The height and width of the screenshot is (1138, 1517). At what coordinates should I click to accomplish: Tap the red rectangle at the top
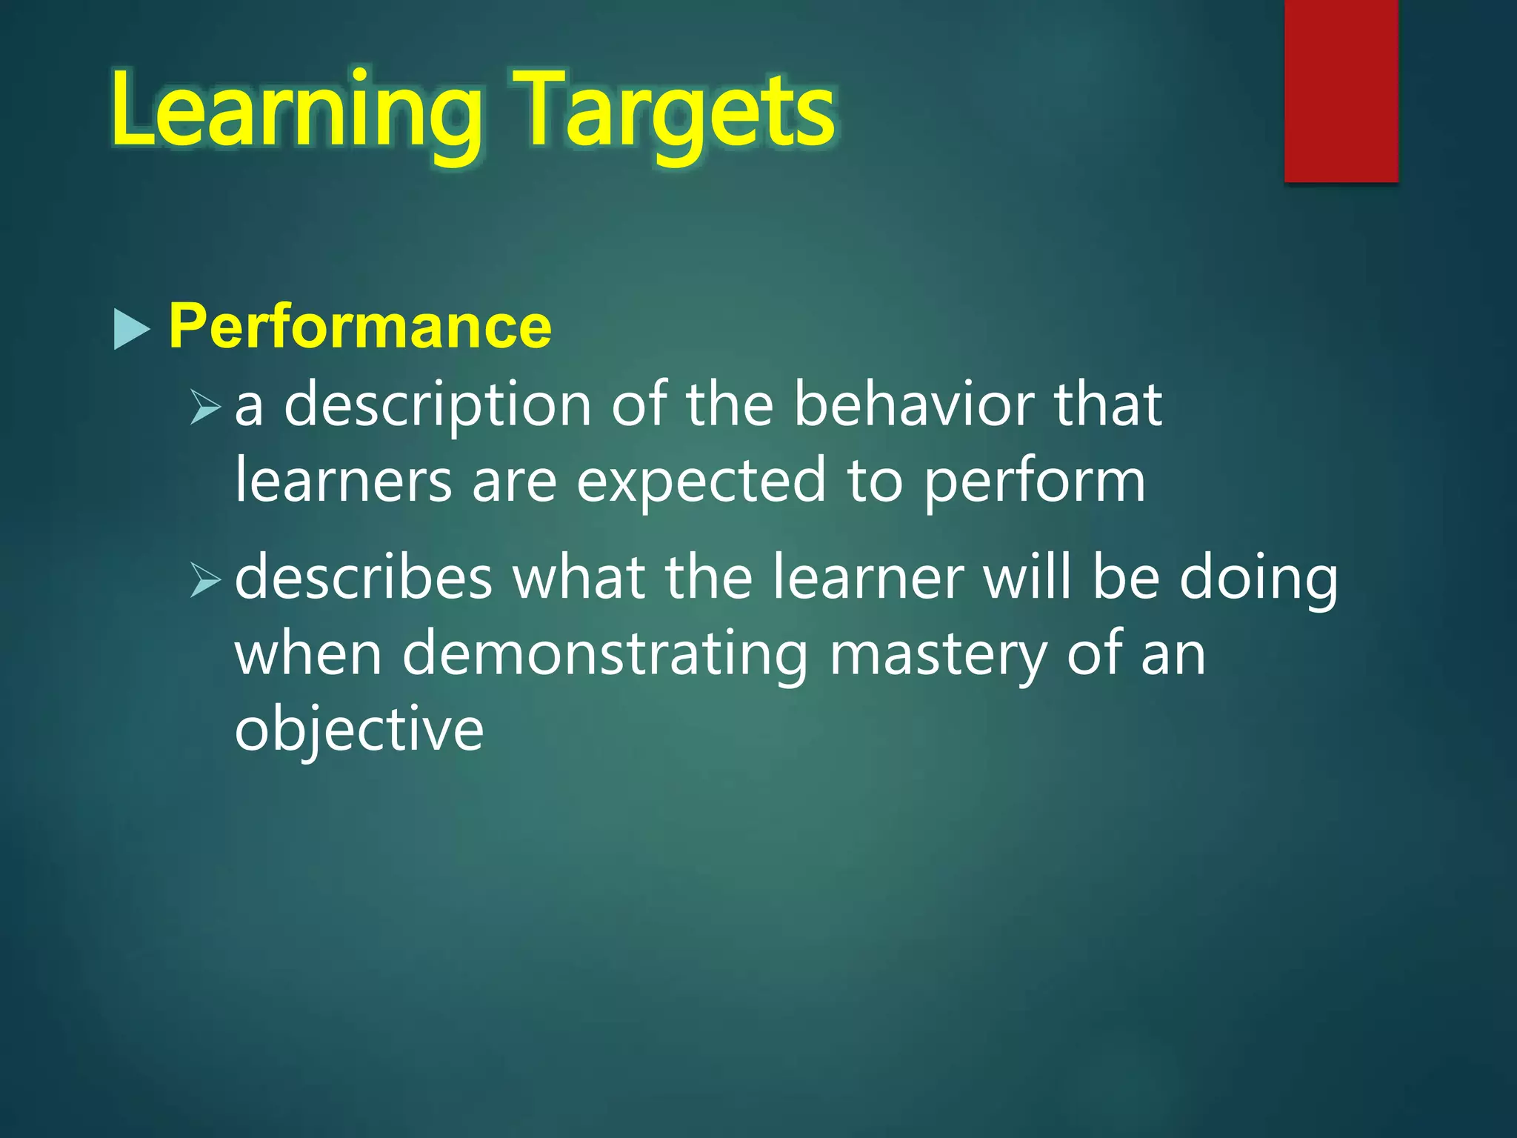click(1341, 90)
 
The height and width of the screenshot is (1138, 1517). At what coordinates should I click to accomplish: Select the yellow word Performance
click(360, 326)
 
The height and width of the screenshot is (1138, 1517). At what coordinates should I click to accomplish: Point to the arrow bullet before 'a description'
click(205, 407)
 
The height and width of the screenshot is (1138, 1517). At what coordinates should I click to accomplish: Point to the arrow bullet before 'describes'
click(205, 580)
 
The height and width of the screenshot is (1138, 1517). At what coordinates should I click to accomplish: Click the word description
click(437, 407)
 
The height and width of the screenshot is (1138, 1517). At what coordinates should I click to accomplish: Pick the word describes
click(364, 579)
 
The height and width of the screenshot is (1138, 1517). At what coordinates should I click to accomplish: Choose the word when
click(308, 654)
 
